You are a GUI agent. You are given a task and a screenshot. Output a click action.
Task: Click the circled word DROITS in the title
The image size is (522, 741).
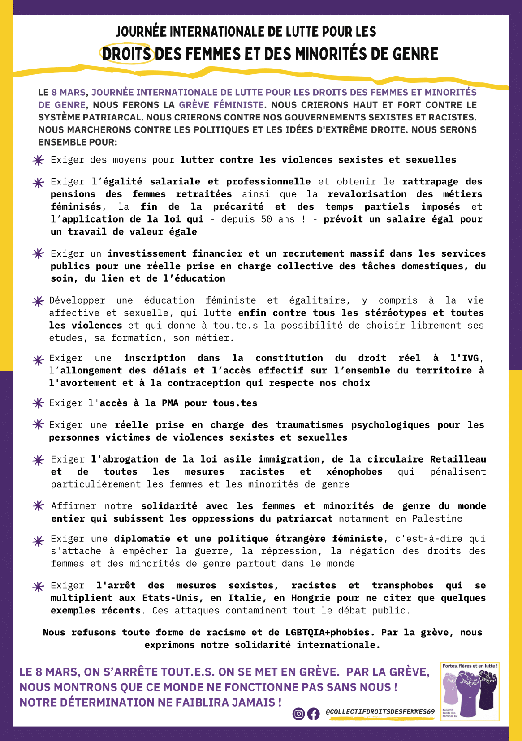(126, 54)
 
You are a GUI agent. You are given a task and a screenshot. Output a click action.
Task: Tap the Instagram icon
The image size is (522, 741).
(298, 714)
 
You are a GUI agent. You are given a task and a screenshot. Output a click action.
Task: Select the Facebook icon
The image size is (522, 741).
(314, 714)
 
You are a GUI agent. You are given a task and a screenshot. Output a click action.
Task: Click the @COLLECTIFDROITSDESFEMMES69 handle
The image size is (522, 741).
(380, 711)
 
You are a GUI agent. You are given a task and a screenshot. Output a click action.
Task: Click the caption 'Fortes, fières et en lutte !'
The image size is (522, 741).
(470, 666)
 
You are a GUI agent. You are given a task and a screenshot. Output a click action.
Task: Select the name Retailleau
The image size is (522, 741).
(458, 459)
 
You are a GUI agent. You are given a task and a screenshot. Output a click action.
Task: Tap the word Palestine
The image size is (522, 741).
(437, 519)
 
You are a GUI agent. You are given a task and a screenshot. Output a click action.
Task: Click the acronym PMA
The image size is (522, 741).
(170, 403)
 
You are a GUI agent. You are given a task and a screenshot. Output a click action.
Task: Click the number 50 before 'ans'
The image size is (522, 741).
(266, 219)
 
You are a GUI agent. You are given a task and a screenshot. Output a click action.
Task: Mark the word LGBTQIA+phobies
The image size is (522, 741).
(328, 633)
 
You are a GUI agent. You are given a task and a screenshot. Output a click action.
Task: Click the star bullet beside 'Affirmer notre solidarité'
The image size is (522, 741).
(39, 506)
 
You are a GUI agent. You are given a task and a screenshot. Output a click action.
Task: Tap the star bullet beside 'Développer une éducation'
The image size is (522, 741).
(39, 302)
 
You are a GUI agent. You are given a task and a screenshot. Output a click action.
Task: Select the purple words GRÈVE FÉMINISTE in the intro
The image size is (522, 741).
(221, 105)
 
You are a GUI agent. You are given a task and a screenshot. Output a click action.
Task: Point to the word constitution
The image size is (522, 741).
(289, 358)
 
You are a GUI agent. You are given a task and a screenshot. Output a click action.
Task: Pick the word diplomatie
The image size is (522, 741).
(142, 539)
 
